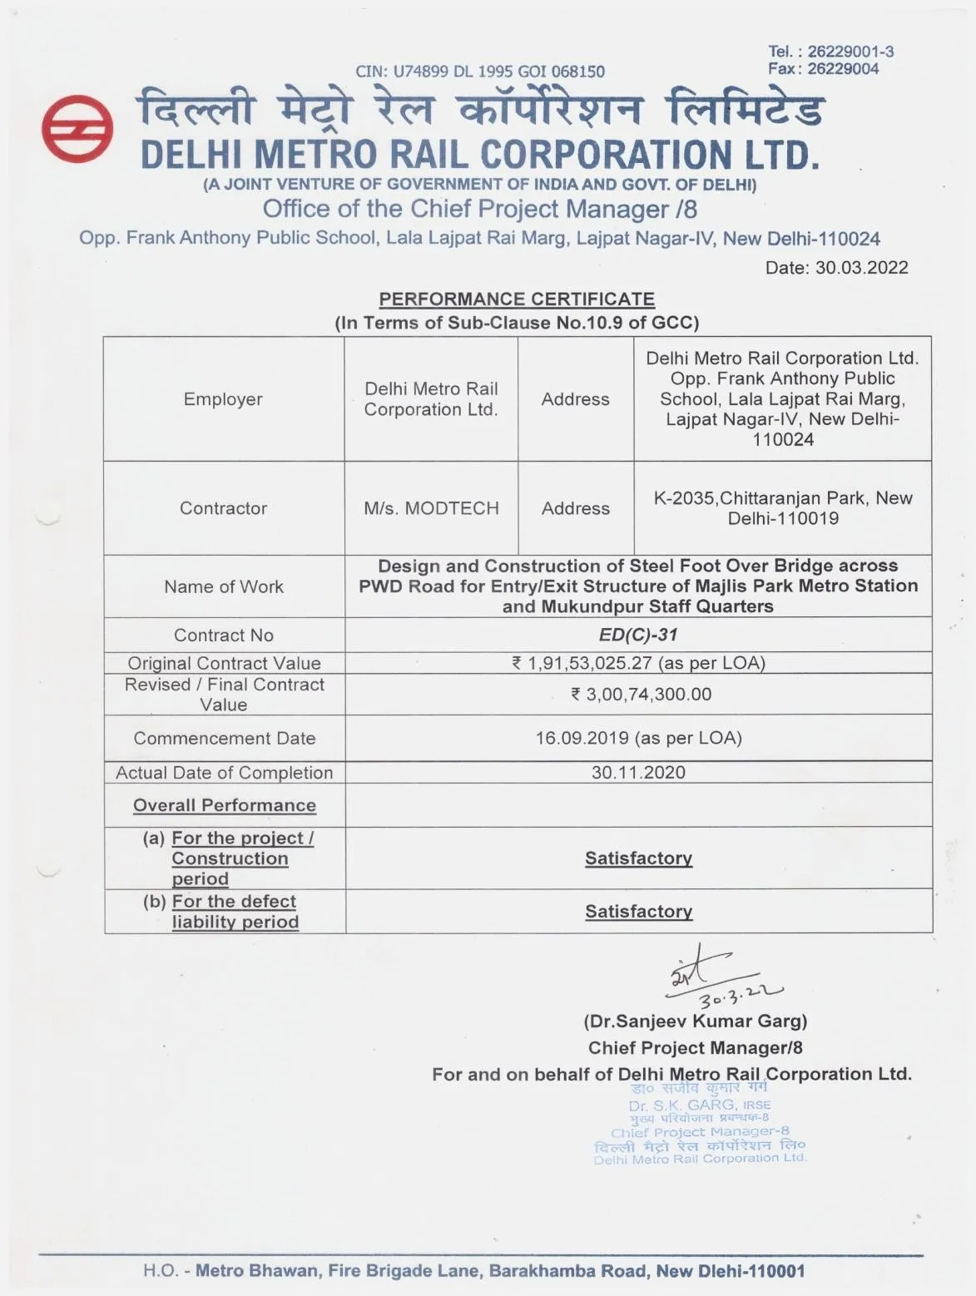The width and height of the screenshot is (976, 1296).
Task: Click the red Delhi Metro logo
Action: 77,130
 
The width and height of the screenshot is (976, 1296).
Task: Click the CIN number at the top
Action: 480,72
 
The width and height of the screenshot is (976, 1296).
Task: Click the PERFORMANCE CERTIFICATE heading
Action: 517,299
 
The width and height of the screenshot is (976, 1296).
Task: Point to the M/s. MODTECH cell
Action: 431,508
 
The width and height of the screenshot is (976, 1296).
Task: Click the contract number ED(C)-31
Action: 638,635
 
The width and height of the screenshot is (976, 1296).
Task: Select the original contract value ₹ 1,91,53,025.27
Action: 638,663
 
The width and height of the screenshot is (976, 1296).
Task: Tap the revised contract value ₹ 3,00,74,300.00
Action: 641,695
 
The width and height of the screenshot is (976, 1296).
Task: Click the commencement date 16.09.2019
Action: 638,738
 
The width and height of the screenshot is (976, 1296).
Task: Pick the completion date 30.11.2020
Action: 638,772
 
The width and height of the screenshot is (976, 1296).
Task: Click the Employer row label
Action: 223,399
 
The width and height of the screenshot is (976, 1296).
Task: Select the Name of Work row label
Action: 224,586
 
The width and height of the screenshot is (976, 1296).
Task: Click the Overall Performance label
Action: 225,805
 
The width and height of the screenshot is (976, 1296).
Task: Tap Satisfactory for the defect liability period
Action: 638,912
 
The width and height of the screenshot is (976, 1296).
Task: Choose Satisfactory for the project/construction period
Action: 638,858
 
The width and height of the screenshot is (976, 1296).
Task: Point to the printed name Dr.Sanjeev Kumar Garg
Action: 696,1021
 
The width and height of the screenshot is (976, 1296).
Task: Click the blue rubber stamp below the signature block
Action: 700,1123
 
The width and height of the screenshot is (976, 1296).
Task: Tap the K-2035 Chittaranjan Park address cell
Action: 783,508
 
